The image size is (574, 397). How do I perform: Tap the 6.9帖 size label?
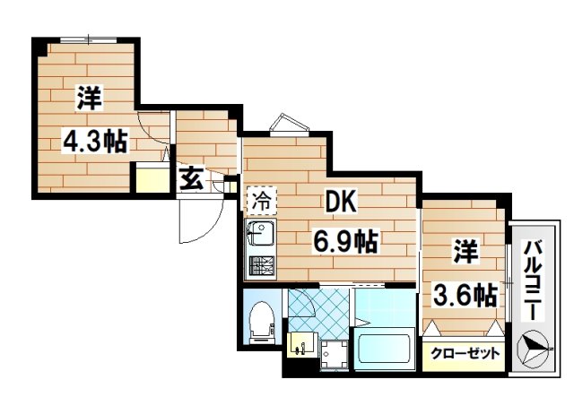(344, 240)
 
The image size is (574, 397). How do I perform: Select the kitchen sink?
(262, 237)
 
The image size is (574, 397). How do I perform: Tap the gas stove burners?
(262, 266)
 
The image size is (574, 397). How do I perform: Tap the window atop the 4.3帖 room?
(89, 39)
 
